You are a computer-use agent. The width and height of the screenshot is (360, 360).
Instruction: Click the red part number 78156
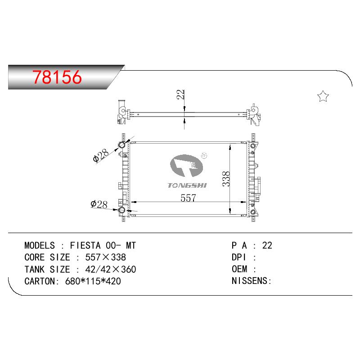[57, 77]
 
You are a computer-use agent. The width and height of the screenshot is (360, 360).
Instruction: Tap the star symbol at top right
[323, 96]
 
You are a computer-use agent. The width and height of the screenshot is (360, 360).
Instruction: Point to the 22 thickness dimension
[180, 94]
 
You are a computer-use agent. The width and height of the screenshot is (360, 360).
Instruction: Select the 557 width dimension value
[188, 198]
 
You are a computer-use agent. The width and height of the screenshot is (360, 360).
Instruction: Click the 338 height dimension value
[226, 179]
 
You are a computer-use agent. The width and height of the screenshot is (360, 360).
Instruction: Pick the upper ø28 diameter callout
[100, 155]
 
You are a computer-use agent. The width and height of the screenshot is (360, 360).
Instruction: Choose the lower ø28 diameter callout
[99, 204]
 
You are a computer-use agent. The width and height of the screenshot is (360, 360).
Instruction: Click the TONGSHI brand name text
[187, 185]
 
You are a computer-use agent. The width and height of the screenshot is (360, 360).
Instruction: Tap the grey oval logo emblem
[186, 166]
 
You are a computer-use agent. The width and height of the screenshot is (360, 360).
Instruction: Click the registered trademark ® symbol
[204, 156]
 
